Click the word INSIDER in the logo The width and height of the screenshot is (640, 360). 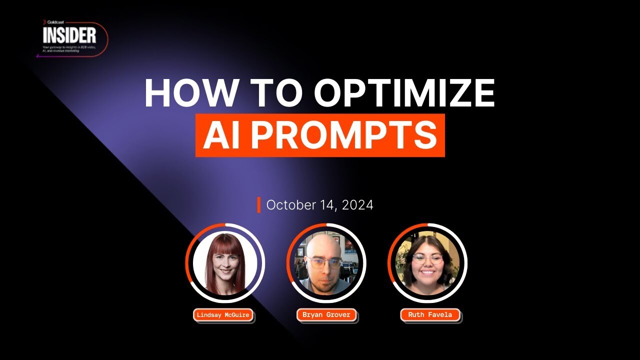pyautogui.click(x=69, y=35)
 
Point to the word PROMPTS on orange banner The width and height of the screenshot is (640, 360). pyautogui.click(x=344, y=135)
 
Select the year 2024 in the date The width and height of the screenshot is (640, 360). pyautogui.click(x=357, y=205)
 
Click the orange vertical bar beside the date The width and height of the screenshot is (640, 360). pyautogui.click(x=258, y=205)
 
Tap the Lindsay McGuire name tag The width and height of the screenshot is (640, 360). pyautogui.click(x=223, y=315)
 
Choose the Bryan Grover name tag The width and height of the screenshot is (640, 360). pyautogui.click(x=326, y=315)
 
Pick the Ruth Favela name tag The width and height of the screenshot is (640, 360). pyautogui.click(x=430, y=315)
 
